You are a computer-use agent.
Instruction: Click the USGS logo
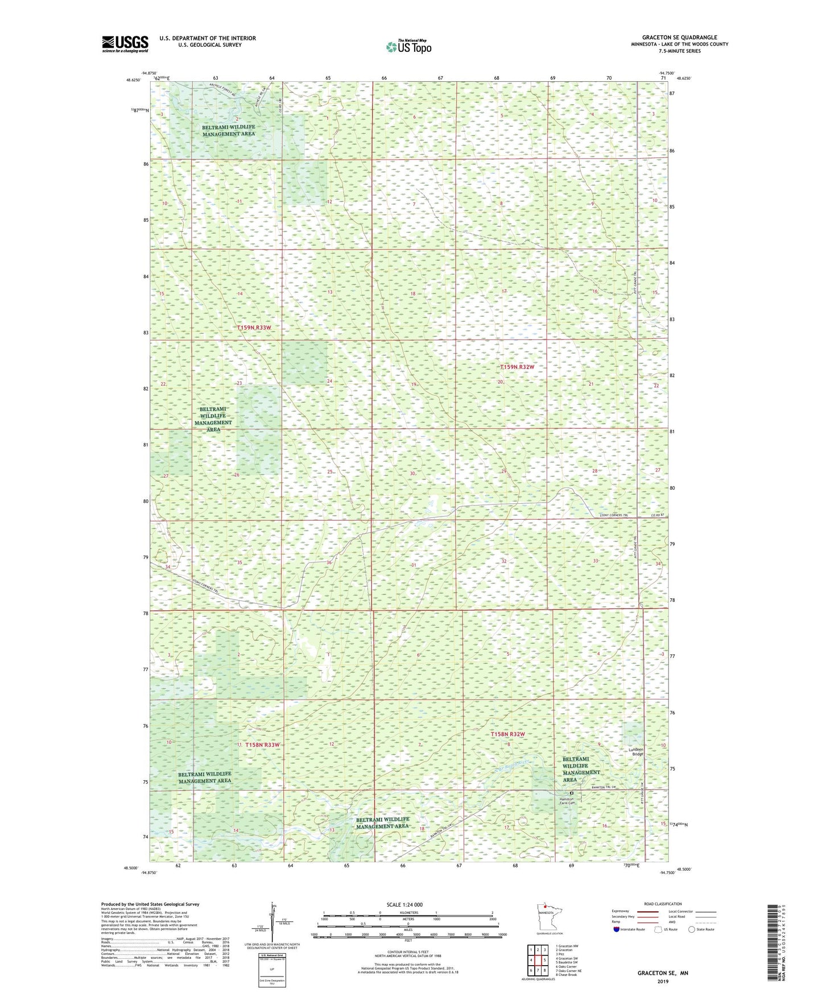click(x=125, y=44)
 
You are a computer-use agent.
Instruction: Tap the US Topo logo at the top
click(x=408, y=47)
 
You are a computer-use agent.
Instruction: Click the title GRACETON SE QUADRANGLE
click(x=679, y=38)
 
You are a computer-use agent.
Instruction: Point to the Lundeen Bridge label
click(x=635, y=751)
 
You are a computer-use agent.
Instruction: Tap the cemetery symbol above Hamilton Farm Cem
click(x=572, y=793)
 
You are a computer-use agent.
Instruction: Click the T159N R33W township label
click(x=254, y=328)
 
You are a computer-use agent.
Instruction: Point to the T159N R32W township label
click(x=517, y=367)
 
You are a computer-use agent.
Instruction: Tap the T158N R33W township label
click(x=262, y=744)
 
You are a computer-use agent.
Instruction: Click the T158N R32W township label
click(x=507, y=734)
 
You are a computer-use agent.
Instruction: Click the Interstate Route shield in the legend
click(x=617, y=929)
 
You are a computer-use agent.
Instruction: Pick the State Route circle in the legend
click(x=692, y=929)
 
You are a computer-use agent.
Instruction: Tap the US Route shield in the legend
click(x=658, y=929)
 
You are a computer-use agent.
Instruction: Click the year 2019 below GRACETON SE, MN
click(x=663, y=982)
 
